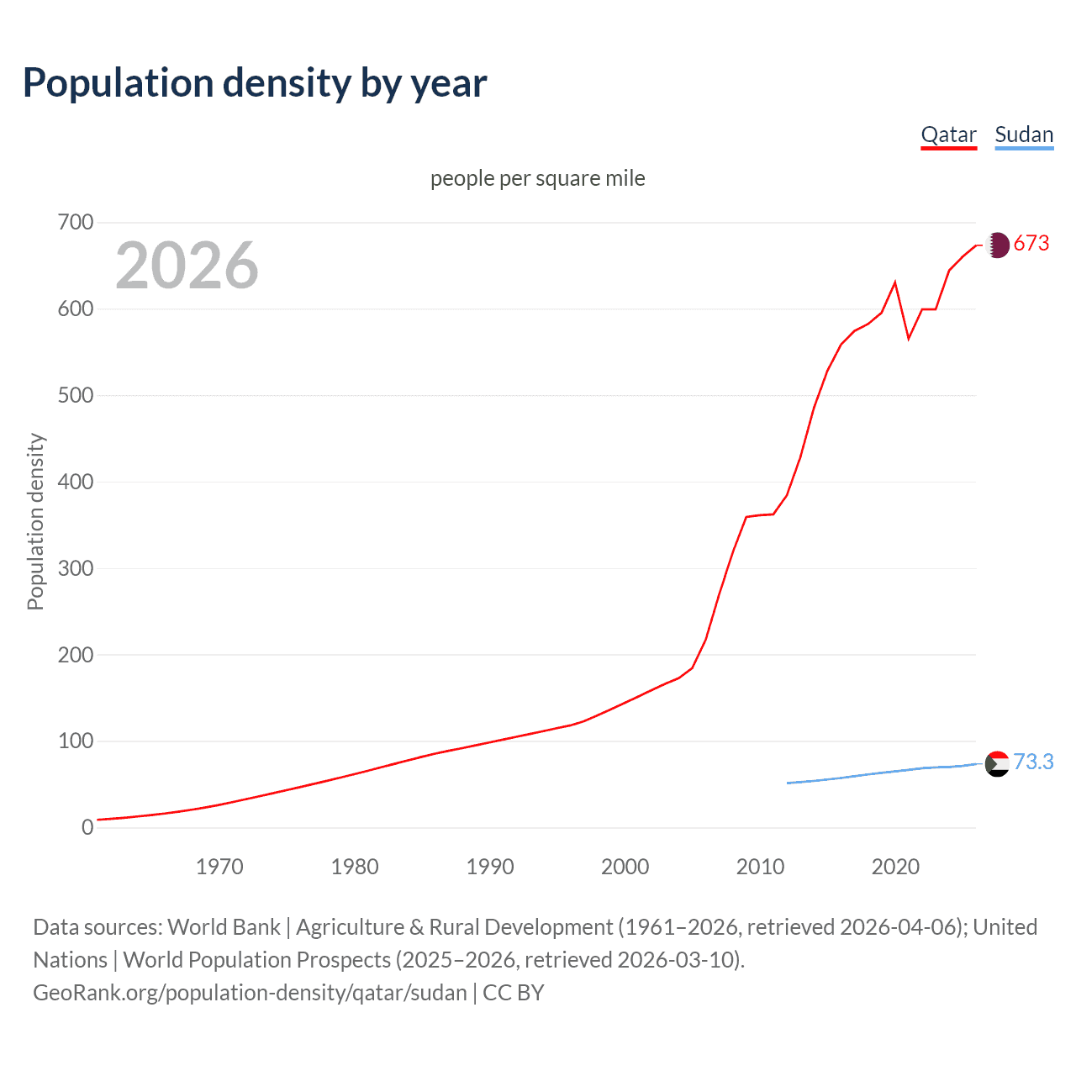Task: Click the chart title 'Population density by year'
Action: pos(255,83)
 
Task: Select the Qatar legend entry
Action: pos(948,134)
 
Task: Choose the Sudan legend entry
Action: pos(1023,134)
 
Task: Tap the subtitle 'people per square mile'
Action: pos(537,178)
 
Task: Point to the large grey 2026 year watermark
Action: pos(187,266)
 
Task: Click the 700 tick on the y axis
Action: pos(76,223)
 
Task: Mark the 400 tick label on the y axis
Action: pos(76,482)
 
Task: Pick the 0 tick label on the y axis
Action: pos(87,827)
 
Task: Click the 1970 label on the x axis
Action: pos(219,867)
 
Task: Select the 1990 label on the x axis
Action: pos(490,867)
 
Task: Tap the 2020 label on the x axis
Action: pos(895,867)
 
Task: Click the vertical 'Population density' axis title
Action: pos(35,521)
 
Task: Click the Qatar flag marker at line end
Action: pos(997,245)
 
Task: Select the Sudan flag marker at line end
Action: pos(997,764)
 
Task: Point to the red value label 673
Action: pos(1031,244)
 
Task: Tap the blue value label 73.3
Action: pos(1033,762)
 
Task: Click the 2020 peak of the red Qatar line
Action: pos(895,282)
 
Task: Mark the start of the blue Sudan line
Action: pos(788,783)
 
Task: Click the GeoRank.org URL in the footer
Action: pos(250,993)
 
